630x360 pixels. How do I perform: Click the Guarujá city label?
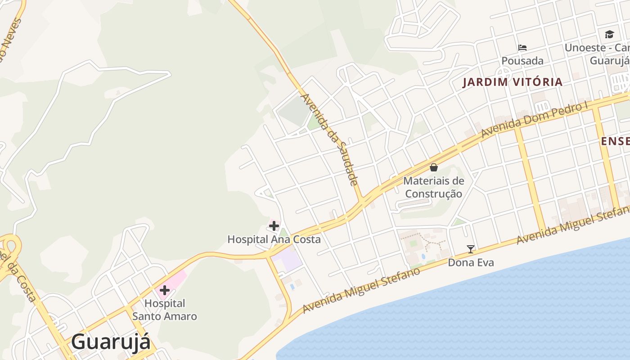pos(111,341)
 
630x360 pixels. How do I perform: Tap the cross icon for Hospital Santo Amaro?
pos(165,290)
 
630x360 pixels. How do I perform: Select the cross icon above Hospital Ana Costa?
pos(274,225)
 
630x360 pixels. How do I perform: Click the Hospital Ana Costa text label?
pos(274,239)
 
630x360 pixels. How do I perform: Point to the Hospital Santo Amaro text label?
pos(165,310)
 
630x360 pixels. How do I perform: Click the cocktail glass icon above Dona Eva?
pos(471,249)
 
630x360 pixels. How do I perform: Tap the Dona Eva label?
pos(471,262)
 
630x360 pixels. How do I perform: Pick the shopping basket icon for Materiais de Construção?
pos(434,167)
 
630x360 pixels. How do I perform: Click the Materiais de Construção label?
pos(433,187)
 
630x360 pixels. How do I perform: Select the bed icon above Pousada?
pos(522,47)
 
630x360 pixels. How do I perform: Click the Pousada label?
pos(522,61)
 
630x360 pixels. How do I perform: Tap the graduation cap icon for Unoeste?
pos(609,34)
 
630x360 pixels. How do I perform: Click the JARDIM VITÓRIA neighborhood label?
pos(513,82)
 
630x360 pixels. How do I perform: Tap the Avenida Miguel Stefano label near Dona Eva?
pos(361,290)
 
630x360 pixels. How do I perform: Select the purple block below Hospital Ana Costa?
pos(288,260)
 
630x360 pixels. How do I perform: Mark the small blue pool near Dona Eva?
pos(423,256)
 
